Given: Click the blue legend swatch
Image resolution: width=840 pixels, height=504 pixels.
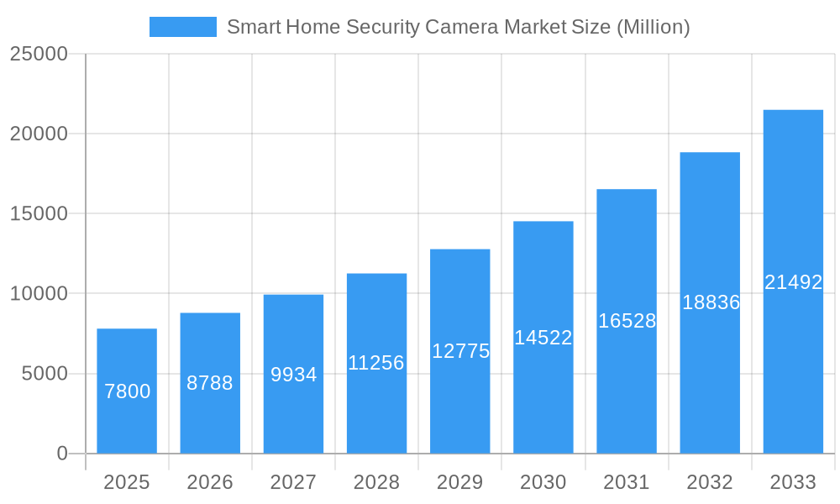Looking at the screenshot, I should tap(182, 27).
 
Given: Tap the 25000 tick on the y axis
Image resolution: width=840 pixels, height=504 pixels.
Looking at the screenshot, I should tap(38, 54).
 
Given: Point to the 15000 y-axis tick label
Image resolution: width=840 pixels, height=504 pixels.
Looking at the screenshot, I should tap(38, 213).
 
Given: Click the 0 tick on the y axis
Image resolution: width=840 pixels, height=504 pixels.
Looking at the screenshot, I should tap(62, 454).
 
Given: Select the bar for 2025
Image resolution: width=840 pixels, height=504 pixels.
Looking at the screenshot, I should tap(127, 420).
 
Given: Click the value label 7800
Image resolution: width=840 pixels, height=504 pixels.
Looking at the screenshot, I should tap(127, 391).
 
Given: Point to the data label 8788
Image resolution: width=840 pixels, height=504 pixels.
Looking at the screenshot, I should tap(210, 383).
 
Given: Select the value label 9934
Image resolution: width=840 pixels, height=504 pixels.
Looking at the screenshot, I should tap(293, 375).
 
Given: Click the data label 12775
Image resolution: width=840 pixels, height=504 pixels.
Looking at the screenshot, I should tap(460, 351).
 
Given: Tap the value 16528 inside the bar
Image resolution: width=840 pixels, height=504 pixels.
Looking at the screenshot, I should tap(627, 321).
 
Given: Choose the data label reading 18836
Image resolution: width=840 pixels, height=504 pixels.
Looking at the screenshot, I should tap(711, 302).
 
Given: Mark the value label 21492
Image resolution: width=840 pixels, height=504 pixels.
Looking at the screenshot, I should tap(793, 282).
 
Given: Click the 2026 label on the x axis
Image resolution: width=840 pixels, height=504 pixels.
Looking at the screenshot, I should tap(210, 482).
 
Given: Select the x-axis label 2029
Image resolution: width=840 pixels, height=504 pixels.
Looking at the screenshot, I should tap(460, 482).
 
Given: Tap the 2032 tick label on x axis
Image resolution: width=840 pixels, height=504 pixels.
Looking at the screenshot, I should tap(710, 482).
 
